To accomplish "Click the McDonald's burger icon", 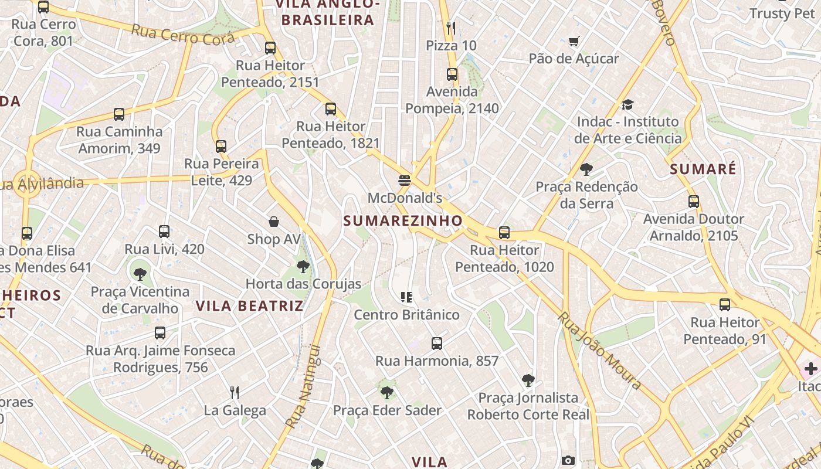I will point(404,181).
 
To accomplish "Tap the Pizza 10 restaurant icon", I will point(451,28).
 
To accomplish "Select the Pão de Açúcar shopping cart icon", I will point(574,41).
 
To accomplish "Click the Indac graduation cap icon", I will point(627,104).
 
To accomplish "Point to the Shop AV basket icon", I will point(274,222).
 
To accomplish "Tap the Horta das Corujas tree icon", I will point(303,267).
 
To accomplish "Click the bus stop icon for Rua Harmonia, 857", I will point(437,343).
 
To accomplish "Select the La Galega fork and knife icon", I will point(235,392).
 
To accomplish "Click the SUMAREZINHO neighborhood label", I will point(403,220).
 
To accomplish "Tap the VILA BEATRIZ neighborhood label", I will point(250,305).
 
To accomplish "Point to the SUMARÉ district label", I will point(703,169).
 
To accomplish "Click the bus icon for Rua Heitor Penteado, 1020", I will point(504,233).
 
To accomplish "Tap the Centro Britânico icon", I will point(406,297).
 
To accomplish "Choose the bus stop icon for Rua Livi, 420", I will point(164,232).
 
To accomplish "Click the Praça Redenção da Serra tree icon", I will point(586,169).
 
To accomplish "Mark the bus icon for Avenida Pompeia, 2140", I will point(452,74).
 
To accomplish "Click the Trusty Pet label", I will point(786,13).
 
